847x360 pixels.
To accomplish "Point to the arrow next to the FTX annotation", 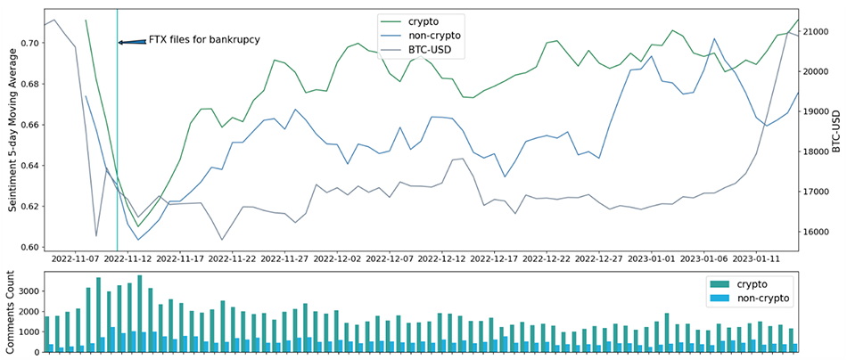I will click(x=131, y=42).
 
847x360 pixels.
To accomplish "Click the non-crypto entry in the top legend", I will click(x=432, y=36).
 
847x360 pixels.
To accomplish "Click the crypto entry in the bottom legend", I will click(x=750, y=282).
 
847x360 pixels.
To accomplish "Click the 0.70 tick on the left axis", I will click(x=29, y=43).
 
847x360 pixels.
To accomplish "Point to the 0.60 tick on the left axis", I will click(x=29, y=248).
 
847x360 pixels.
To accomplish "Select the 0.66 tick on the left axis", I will click(x=29, y=125).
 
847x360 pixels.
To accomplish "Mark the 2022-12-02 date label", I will click(x=338, y=259).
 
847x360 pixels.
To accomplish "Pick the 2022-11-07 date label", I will click(x=75, y=259).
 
